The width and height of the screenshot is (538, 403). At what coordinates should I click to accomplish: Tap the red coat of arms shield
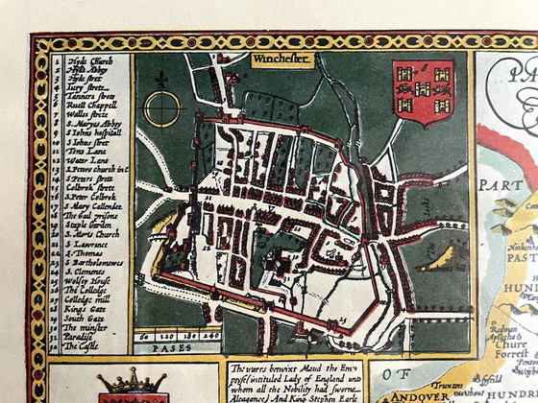[x=424, y=92]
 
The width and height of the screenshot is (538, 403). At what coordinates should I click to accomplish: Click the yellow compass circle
[x=161, y=107]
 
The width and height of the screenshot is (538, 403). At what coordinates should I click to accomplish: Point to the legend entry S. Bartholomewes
[x=93, y=261]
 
